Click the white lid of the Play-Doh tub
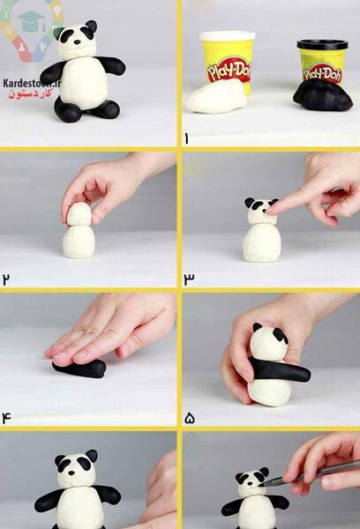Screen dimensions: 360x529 click(228, 36)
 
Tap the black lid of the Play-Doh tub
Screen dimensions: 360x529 click(323, 44)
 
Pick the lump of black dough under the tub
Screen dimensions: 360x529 click(323, 96)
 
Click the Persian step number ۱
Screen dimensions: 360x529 click(186, 139)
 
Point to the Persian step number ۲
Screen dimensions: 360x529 click(6, 279)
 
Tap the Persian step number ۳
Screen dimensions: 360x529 click(189, 279)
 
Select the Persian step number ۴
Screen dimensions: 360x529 click(6, 418)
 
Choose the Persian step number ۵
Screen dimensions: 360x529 click(190, 419)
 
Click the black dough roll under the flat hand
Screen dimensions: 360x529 click(79, 369)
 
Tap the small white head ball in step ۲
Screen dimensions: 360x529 click(79, 214)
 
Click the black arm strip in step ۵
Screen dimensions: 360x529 click(280, 369)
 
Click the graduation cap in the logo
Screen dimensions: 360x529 click(31, 20)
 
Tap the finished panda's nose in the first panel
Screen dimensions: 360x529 click(78, 42)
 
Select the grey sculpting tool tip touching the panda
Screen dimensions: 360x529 click(266, 484)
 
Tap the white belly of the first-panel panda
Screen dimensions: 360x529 click(85, 83)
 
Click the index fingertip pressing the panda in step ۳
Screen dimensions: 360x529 click(272, 211)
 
